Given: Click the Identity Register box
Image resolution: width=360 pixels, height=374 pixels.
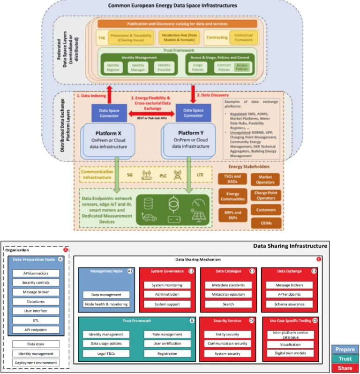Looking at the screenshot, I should pyautogui.click(x=113, y=67).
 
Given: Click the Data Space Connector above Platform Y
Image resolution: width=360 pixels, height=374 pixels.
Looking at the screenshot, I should pyautogui.click(x=193, y=113).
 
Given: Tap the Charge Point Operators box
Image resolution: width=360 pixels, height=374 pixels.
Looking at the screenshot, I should pyautogui.click(x=265, y=195).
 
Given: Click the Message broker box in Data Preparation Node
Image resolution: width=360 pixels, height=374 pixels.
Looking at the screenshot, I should pyautogui.click(x=35, y=292).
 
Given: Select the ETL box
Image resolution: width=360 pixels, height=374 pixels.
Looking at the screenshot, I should pyautogui.click(x=35, y=320).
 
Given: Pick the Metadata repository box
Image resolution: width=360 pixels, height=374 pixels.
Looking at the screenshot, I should pyautogui.click(x=228, y=294).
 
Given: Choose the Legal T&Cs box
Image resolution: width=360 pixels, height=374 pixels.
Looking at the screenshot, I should pyautogui.click(x=106, y=353).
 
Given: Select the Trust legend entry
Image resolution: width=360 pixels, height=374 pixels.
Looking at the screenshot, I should pyautogui.click(x=345, y=359).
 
